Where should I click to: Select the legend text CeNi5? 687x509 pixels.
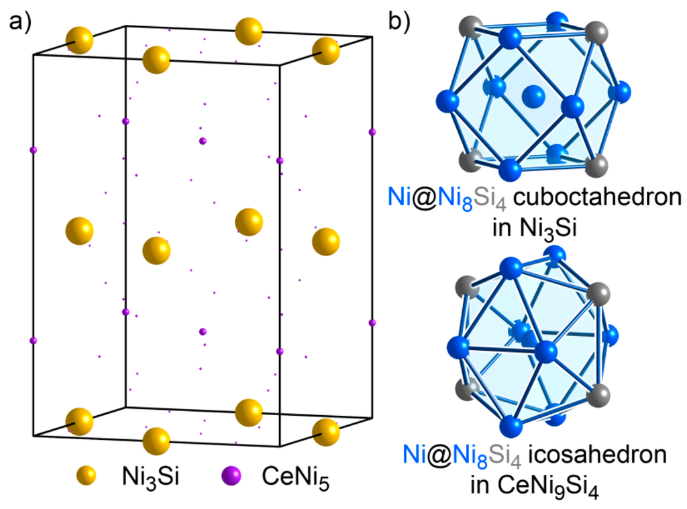coord(296,477)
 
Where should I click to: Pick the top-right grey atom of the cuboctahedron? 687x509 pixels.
coord(596,32)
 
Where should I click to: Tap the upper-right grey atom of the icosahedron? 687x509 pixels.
coord(598,293)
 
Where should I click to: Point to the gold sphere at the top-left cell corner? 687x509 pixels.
coord(79,40)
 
